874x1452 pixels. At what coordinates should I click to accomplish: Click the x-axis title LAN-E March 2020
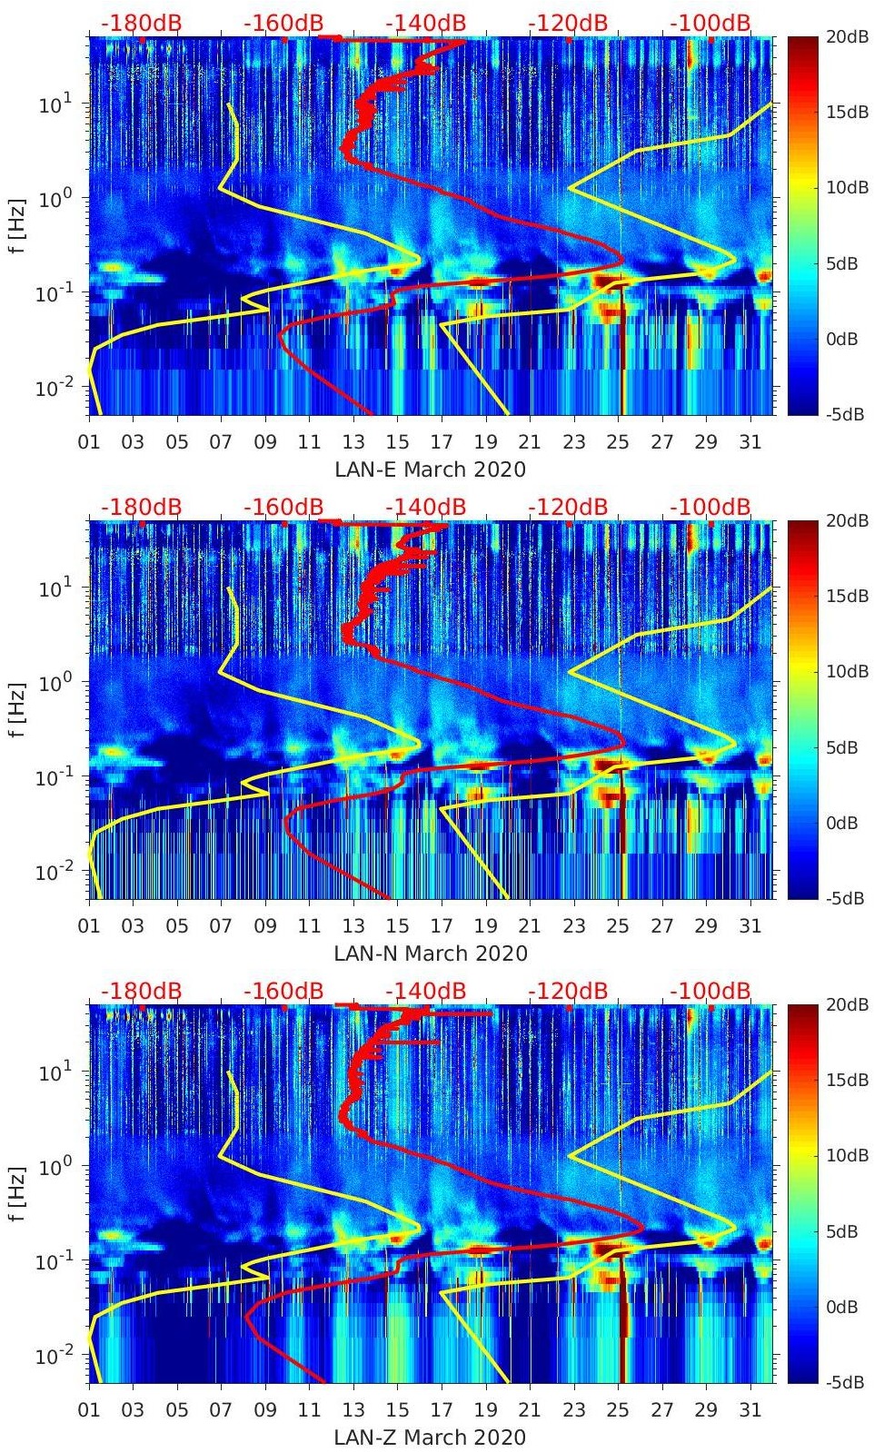click(430, 469)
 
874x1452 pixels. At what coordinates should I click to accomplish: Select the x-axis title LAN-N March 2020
click(430, 953)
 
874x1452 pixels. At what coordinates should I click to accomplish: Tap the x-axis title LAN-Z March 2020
click(430, 1437)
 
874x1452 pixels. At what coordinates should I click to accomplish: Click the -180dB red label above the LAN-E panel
click(141, 23)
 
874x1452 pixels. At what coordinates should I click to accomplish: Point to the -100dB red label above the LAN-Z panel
click(710, 991)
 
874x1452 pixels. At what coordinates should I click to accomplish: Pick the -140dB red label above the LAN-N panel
click(426, 507)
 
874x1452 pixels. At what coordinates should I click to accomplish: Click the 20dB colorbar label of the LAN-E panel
click(847, 36)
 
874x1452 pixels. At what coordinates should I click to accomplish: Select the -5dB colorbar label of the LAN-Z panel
click(847, 1382)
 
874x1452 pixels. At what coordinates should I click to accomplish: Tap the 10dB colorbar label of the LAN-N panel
click(847, 671)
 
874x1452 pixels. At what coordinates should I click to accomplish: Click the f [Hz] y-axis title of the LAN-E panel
click(16, 225)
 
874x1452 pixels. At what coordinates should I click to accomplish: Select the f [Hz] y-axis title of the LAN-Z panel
click(16, 1193)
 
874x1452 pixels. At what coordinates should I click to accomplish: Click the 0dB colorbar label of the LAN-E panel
click(847, 339)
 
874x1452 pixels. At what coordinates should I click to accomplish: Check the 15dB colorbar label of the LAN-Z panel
click(847, 1080)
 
